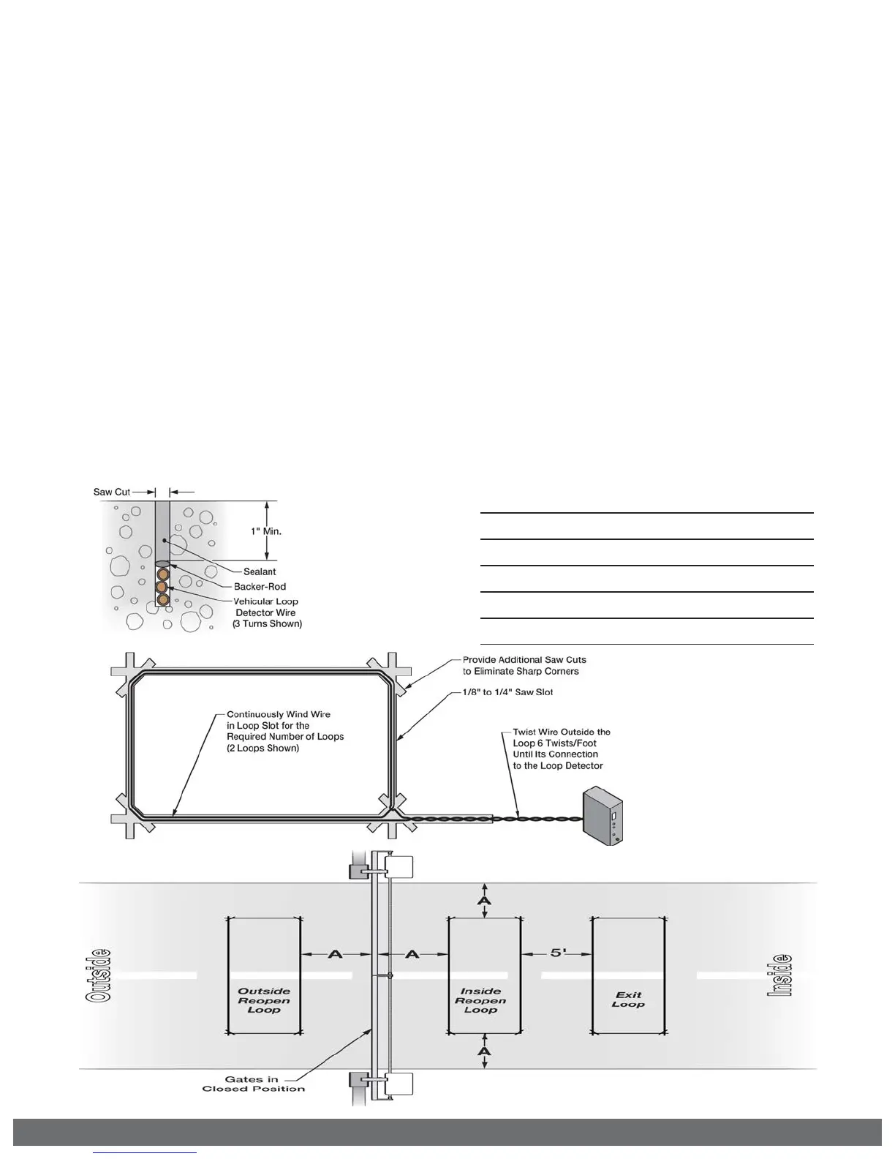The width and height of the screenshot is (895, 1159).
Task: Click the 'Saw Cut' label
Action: click(112, 492)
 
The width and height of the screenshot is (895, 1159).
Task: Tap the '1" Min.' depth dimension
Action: click(266, 531)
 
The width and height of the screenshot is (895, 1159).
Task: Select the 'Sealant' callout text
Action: click(260, 571)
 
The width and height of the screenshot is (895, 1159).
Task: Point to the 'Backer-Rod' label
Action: click(260, 587)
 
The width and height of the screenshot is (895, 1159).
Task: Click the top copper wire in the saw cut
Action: click(162, 574)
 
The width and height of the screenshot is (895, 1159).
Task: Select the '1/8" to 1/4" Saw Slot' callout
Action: click(507, 692)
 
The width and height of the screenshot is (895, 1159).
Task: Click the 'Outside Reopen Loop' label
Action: click(264, 1000)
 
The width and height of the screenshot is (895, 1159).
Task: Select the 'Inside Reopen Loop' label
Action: click(480, 1000)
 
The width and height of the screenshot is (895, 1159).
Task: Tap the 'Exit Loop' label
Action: click(628, 999)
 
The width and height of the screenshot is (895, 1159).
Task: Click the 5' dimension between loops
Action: click(558, 953)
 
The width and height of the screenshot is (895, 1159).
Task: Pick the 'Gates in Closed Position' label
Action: click(253, 1084)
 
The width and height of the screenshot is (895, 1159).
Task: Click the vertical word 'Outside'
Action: click(99, 975)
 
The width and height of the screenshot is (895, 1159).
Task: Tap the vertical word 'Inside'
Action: click(780, 975)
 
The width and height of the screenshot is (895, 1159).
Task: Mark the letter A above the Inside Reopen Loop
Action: click(484, 899)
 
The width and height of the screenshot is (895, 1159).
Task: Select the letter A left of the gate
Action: click(335, 954)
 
